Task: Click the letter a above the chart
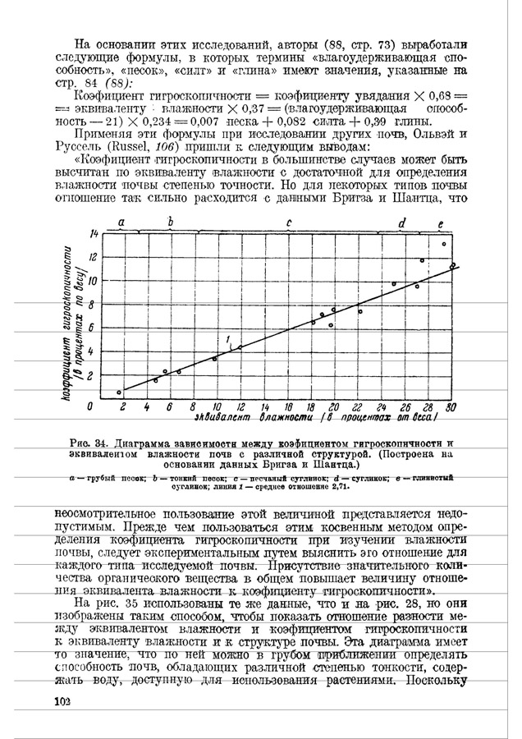(x=121, y=223)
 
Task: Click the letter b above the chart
(x=171, y=222)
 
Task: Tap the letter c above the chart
(x=289, y=223)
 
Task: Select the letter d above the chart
(x=401, y=223)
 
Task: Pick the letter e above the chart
(x=441, y=223)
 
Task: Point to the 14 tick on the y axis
(x=93, y=236)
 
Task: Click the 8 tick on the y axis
(x=94, y=305)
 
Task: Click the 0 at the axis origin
(x=89, y=406)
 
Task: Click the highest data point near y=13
(x=444, y=244)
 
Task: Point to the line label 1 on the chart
(x=227, y=338)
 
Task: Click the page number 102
(x=62, y=701)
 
